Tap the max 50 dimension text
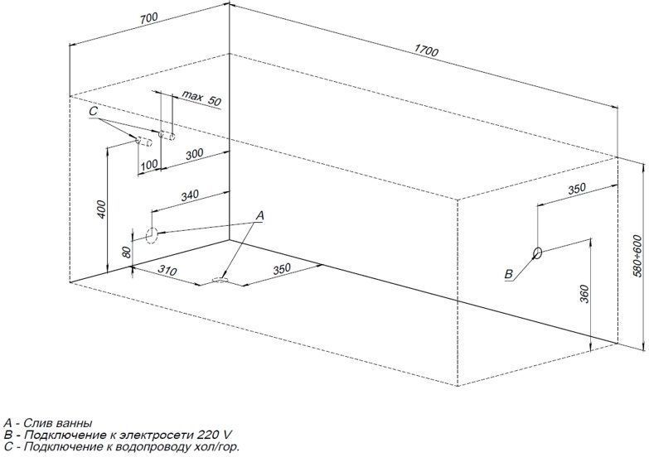pyautogui.click(x=202, y=99)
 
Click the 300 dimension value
pyautogui.click(x=194, y=154)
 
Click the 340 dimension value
pyautogui.click(x=190, y=195)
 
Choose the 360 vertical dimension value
pyautogui.click(x=584, y=292)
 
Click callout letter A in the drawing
pyautogui.click(x=260, y=215)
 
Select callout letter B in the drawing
pyautogui.click(x=509, y=274)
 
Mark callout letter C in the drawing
pyautogui.click(x=94, y=111)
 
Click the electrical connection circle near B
pyautogui.click(x=538, y=253)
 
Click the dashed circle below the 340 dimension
pyautogui.click(x=152, y=234)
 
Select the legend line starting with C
pyautogui.click(x=121, y=447)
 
